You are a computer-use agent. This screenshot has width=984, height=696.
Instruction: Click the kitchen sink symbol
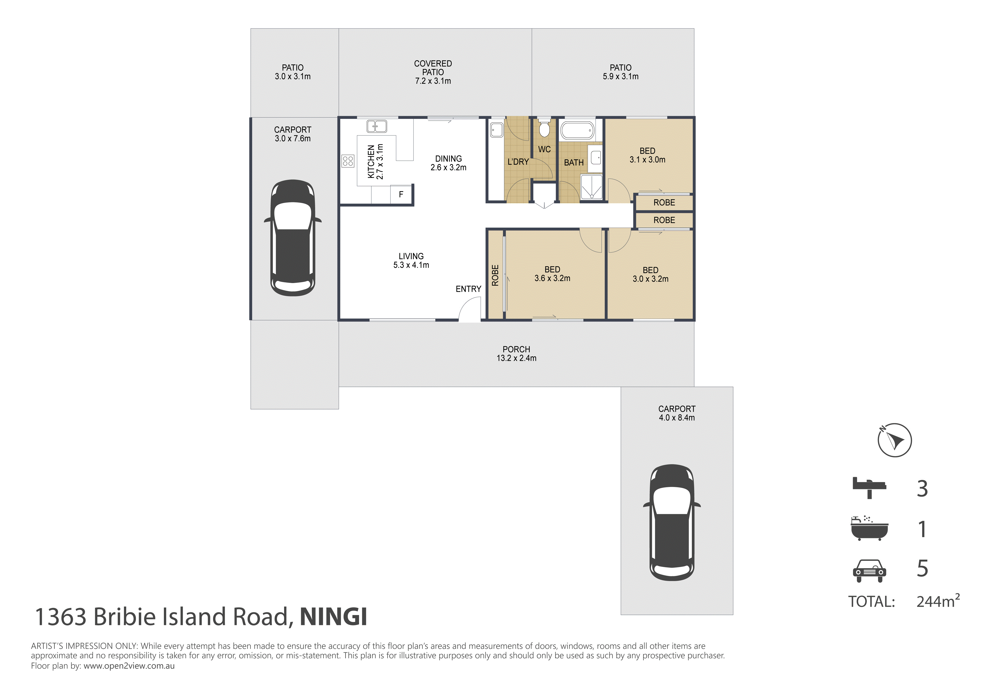377,126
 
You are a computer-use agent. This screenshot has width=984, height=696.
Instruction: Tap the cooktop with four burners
348,161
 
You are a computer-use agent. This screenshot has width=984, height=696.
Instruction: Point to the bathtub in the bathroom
578,130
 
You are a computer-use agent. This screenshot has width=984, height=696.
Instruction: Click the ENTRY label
468,289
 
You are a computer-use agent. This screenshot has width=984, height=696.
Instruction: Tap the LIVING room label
411,256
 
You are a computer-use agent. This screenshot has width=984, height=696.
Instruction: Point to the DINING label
448,159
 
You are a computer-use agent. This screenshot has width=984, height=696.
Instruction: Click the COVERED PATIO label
433,68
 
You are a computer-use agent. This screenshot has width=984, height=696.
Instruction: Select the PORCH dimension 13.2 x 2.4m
516,358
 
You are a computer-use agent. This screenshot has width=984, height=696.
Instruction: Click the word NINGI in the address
334,617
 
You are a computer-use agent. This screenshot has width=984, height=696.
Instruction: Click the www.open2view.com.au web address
129,666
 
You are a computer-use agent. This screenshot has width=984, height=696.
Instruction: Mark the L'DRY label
518,162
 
